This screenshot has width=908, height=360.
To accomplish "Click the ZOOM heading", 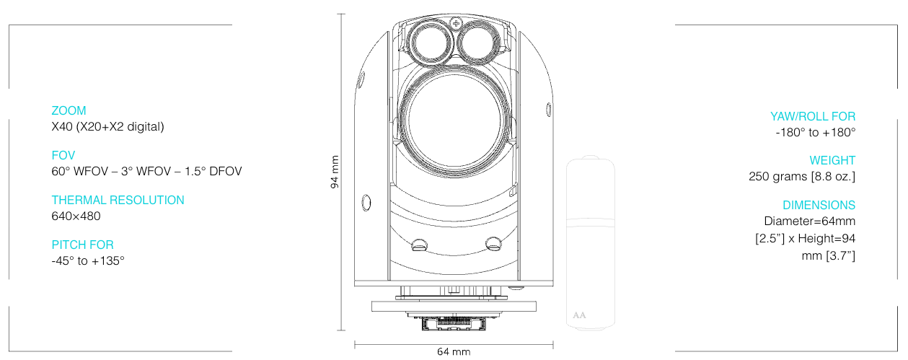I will pos(69,110).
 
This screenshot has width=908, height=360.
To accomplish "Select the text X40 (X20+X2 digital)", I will pos(107,127).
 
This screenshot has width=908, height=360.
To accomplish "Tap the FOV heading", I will pos(63,155).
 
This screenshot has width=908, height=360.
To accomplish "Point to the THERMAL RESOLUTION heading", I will pos(118,200).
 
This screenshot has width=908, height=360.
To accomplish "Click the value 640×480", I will pos(76,216).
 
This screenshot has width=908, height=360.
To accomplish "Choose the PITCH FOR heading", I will pos(82,245).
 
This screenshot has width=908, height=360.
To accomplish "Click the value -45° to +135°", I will pos(88,260).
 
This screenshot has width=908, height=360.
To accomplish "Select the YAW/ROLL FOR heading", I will pos(812,116).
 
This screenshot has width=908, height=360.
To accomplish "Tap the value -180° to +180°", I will pos(815,132).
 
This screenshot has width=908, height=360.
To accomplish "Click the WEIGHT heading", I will pos(832,160).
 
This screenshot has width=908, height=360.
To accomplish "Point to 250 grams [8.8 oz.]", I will pos(802,177).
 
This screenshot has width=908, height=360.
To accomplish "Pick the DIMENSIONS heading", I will pos(819,205).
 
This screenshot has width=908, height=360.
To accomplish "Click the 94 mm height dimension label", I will pos(335,172).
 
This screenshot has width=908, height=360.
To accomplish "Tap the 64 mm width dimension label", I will pos(454,351).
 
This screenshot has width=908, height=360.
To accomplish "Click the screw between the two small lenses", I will pos(454,25).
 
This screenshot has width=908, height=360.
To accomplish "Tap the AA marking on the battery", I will pos(578,315).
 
